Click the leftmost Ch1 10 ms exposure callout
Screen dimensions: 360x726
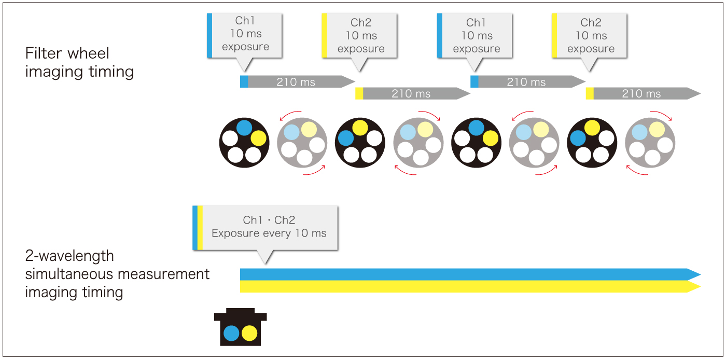(x=245, y=34)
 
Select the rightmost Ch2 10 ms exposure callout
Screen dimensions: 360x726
(x=591, y=35)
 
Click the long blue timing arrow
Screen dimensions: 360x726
(x=467, y=274)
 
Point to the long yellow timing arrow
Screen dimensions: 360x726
(x=467, y=287)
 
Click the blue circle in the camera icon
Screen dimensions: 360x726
(x=231, y=333)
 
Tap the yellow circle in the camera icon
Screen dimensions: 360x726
(x=249, y=333)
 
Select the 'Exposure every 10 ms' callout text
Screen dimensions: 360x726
(x=269, y=233)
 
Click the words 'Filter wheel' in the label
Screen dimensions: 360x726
(x=67, y=53)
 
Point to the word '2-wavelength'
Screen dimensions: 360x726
(x=69, y=256)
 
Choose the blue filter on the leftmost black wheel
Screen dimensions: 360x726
(x=244, y=128)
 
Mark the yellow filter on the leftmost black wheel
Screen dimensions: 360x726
(x=258, y=138)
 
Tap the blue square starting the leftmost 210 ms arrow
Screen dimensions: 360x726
(x=244, y=81)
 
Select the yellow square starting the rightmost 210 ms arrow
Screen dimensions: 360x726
(x=590, y=93)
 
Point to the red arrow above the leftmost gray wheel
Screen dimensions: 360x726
(x=291, y=114)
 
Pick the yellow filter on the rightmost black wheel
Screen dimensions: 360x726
(x=592, y=128)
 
